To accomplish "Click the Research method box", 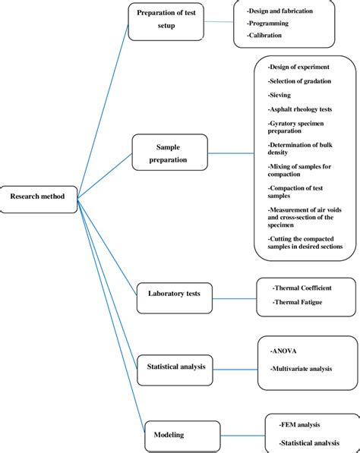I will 38,197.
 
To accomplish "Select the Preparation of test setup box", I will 166,19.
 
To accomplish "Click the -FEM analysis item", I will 302,426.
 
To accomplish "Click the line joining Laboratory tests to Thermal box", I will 235,295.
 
